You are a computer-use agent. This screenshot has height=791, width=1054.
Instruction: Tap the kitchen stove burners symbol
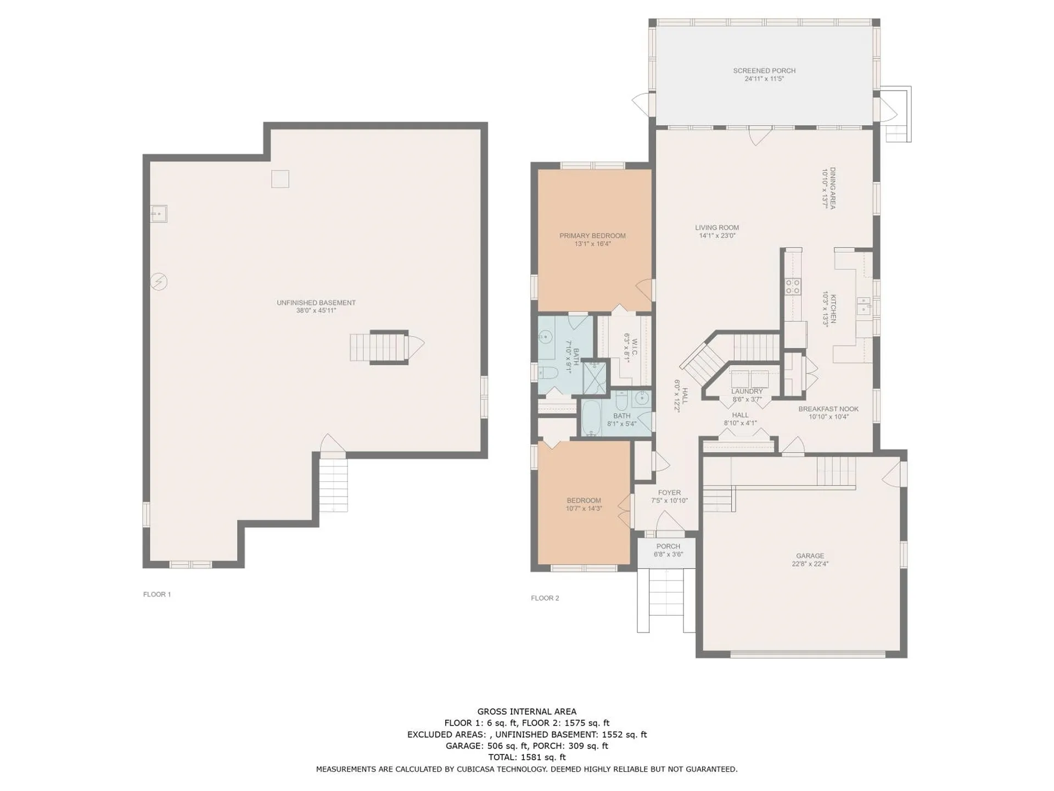coord(793,286)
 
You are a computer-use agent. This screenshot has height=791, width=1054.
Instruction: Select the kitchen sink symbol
coord(864,305)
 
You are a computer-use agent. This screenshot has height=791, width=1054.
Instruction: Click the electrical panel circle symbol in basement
coord(159,282)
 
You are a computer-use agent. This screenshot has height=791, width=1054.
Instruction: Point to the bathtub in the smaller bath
coord(591,417)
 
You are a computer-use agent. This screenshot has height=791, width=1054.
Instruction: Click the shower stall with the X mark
coord(595,377)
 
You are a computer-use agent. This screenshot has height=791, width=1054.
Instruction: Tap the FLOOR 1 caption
coord(157,594)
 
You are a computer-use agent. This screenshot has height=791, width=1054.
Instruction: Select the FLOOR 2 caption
coord(545,598)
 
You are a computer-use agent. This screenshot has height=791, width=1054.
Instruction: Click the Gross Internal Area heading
coord(527,712)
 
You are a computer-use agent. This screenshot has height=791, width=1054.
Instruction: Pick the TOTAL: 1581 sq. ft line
coord(527,757)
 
